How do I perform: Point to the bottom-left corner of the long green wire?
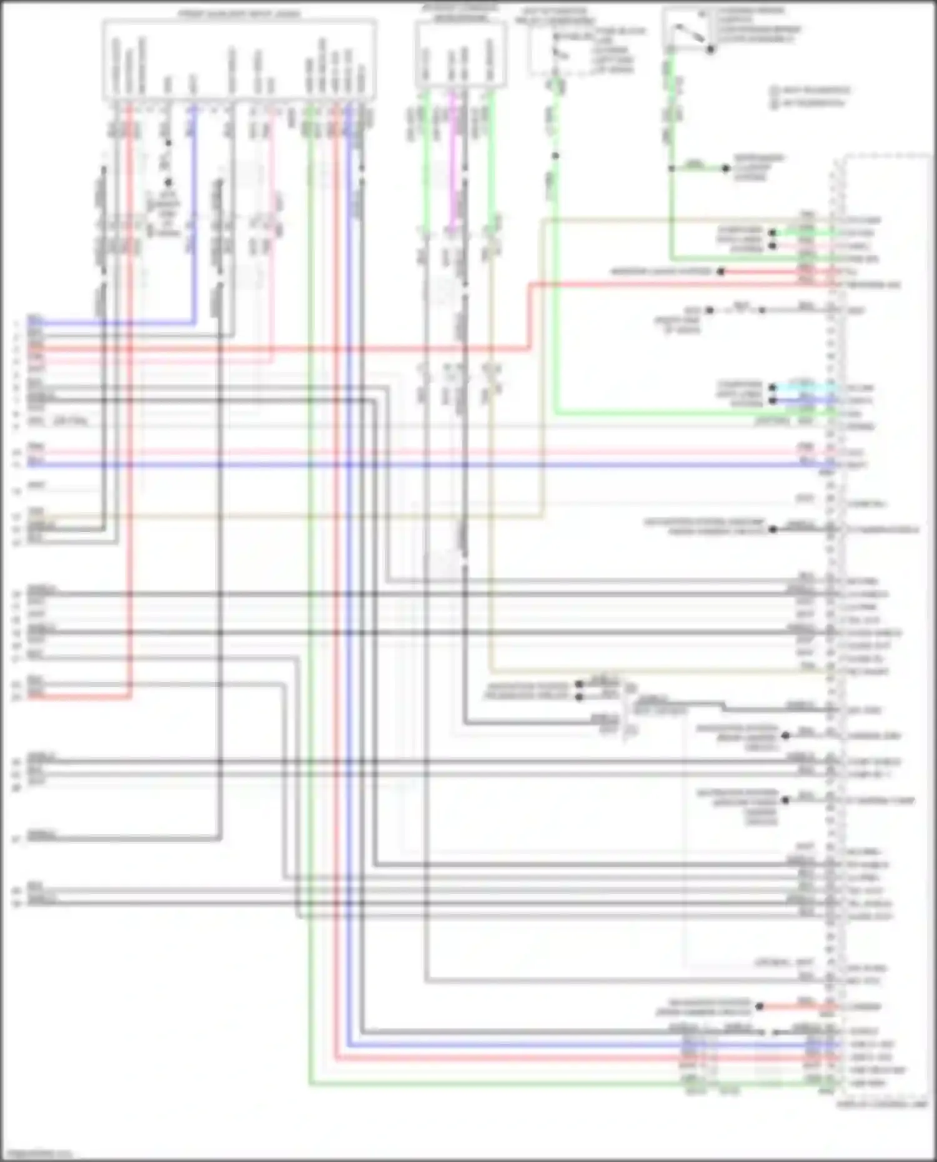pos(310,1085)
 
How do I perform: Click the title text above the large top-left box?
pos(239,14)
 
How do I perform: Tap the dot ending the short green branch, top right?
pos(726,169)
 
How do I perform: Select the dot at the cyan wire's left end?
pos(773,388)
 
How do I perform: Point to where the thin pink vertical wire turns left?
pos(273,361)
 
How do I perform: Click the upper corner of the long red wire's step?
pos(530,285)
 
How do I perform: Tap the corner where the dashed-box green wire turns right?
pos(555,413)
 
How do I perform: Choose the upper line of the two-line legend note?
pos(810,90)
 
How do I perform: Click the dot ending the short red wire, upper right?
pos(720,272)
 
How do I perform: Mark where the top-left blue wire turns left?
pos(194,323)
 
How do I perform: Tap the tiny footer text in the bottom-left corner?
pos(36,1154)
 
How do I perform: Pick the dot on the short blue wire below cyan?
pos(773,400)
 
